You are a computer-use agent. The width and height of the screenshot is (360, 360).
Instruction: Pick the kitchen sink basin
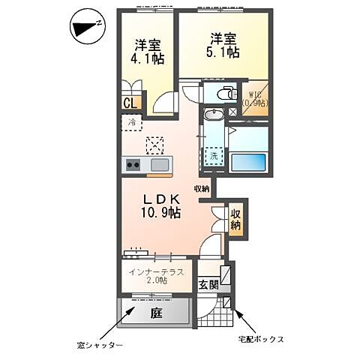pos(160,165)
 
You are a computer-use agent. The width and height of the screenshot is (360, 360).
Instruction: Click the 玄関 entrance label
pos(208,284)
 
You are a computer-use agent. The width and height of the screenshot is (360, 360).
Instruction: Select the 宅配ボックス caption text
pos(261,339)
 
